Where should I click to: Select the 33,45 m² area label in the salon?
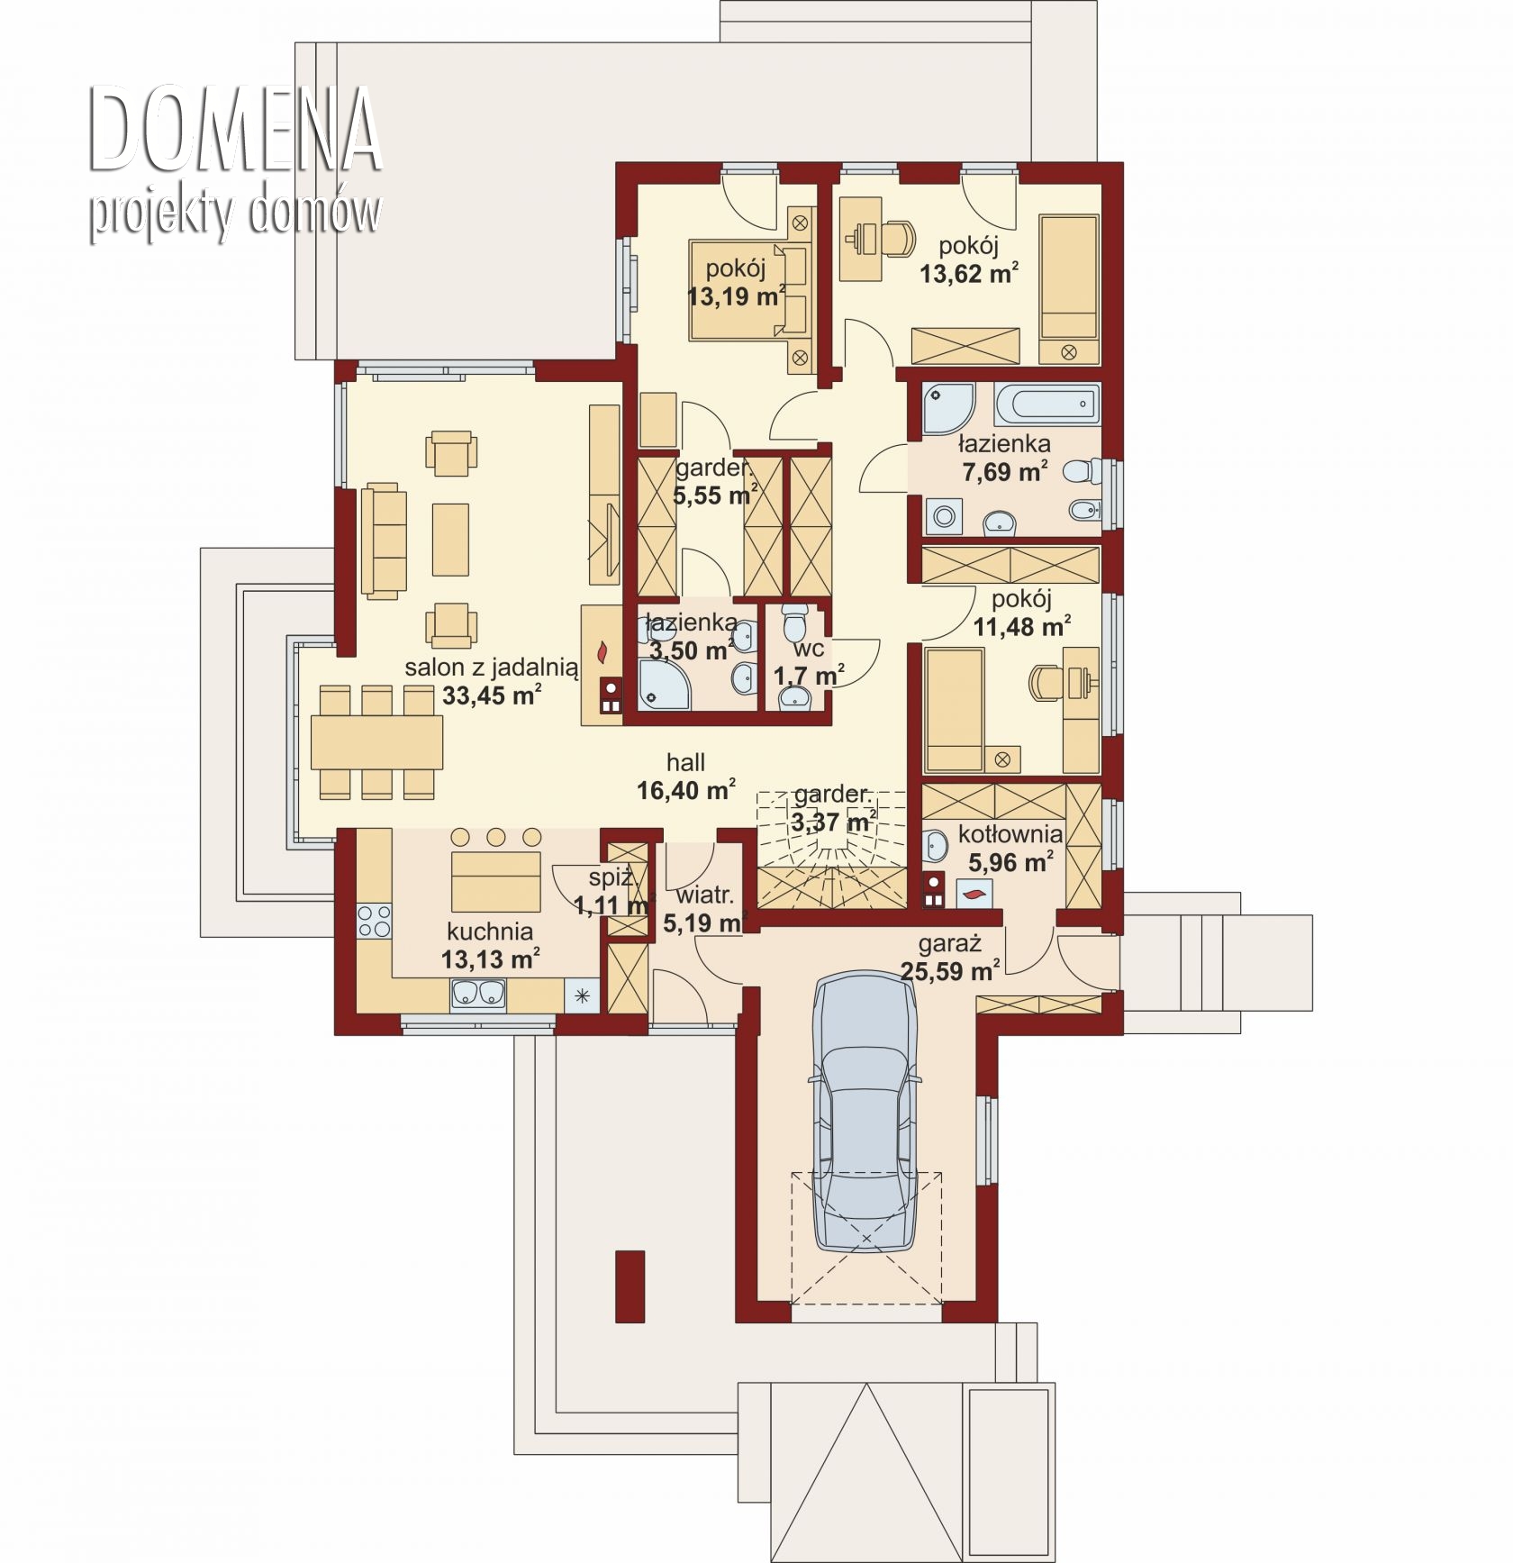coord(492,695)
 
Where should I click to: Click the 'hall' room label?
coord(685,762)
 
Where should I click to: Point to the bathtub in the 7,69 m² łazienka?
coord(1046,404)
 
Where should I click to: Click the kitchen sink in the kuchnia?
coord(478,994)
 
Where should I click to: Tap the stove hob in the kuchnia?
coord(374,921)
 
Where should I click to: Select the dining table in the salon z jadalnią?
coord(376,742)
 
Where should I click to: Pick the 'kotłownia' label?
coord(1010,834)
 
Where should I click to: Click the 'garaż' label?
coord(949,944)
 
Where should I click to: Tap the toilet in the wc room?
coord(795,621)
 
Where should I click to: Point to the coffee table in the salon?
coord(450,539)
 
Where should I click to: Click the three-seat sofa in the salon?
coord(382,540)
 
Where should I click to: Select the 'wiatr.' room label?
coord(705,895)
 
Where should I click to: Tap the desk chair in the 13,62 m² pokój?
coord(896,238)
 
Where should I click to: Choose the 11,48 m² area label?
coord(1022,626)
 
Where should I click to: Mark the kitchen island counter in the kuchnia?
coord(496,881)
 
